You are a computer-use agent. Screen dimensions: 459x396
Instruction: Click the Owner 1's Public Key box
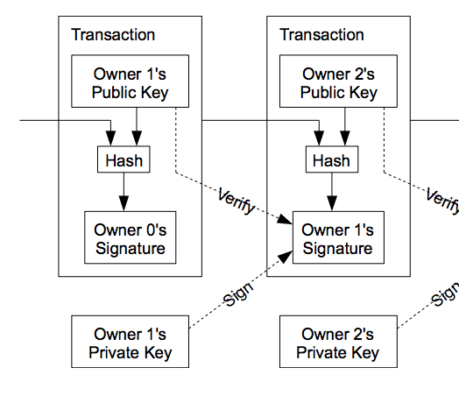point(130,81)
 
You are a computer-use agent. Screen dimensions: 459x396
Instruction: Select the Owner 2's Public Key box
point(338,81)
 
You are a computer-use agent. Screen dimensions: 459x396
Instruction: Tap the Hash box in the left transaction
point(124,159)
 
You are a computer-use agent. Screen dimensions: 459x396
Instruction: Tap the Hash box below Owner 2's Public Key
point(332,159)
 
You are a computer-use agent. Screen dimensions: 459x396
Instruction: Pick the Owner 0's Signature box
point(131,237)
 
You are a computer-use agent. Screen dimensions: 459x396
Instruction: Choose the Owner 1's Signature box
point(338,237)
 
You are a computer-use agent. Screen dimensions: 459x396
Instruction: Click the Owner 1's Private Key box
point(130,342)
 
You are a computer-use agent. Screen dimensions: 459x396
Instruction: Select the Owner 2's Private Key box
point(338,342)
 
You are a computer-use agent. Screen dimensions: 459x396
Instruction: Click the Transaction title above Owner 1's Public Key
point(113,34)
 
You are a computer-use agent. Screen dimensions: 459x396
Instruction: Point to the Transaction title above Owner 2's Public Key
point(321,34)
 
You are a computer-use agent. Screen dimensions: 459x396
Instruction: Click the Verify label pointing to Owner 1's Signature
point(237,202)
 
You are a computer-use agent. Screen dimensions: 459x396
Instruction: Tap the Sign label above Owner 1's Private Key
point(238,294)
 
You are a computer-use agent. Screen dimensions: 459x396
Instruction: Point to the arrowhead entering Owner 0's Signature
point(124,203)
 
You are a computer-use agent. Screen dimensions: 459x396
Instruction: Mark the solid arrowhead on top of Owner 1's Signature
point(332,203)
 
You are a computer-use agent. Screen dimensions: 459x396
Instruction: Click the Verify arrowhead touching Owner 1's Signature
point(285,220)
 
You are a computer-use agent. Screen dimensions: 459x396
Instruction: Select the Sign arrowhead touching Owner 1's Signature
point(285,257)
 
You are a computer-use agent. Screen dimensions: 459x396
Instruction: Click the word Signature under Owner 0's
point(131,249)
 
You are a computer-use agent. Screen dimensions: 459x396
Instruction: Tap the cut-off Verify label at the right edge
point(442,201)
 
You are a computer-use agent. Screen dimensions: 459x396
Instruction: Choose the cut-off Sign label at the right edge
point(445,295)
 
